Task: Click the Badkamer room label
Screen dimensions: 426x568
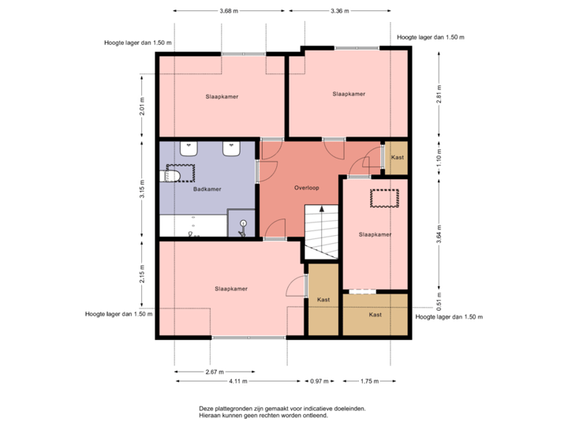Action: (x=207, y=189)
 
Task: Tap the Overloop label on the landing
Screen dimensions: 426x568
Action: (x=307, y=189)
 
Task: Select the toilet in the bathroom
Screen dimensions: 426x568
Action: (x=172, y=175)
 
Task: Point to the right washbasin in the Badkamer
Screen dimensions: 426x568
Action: (x=232, y=148)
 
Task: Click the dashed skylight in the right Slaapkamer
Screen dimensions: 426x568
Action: (x=386, y=197)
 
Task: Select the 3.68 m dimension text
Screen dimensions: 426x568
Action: (x=229, y=11)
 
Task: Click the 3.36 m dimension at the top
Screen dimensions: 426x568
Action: (x=339, y=11)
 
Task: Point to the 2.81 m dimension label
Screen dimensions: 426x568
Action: (x=439, y=95)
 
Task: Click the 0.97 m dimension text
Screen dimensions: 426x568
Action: (x=319, y=381)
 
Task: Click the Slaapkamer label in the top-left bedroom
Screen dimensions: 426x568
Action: (x=222, y=96)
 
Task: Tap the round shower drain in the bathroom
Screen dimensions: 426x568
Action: (x=243, y=224)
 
